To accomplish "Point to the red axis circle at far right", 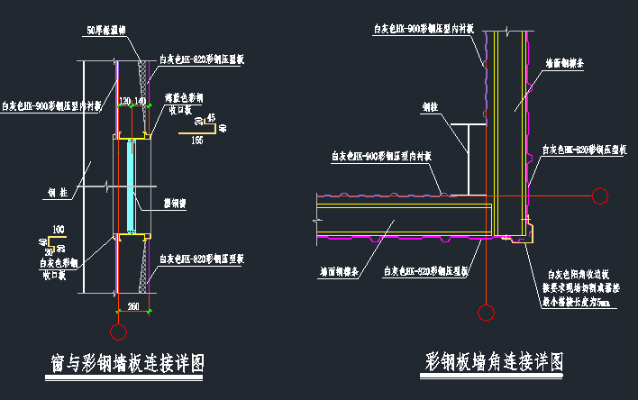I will tap(599, 193).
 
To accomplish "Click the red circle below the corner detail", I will tap(486, 313).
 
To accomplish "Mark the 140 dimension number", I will tap(140, 99).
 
